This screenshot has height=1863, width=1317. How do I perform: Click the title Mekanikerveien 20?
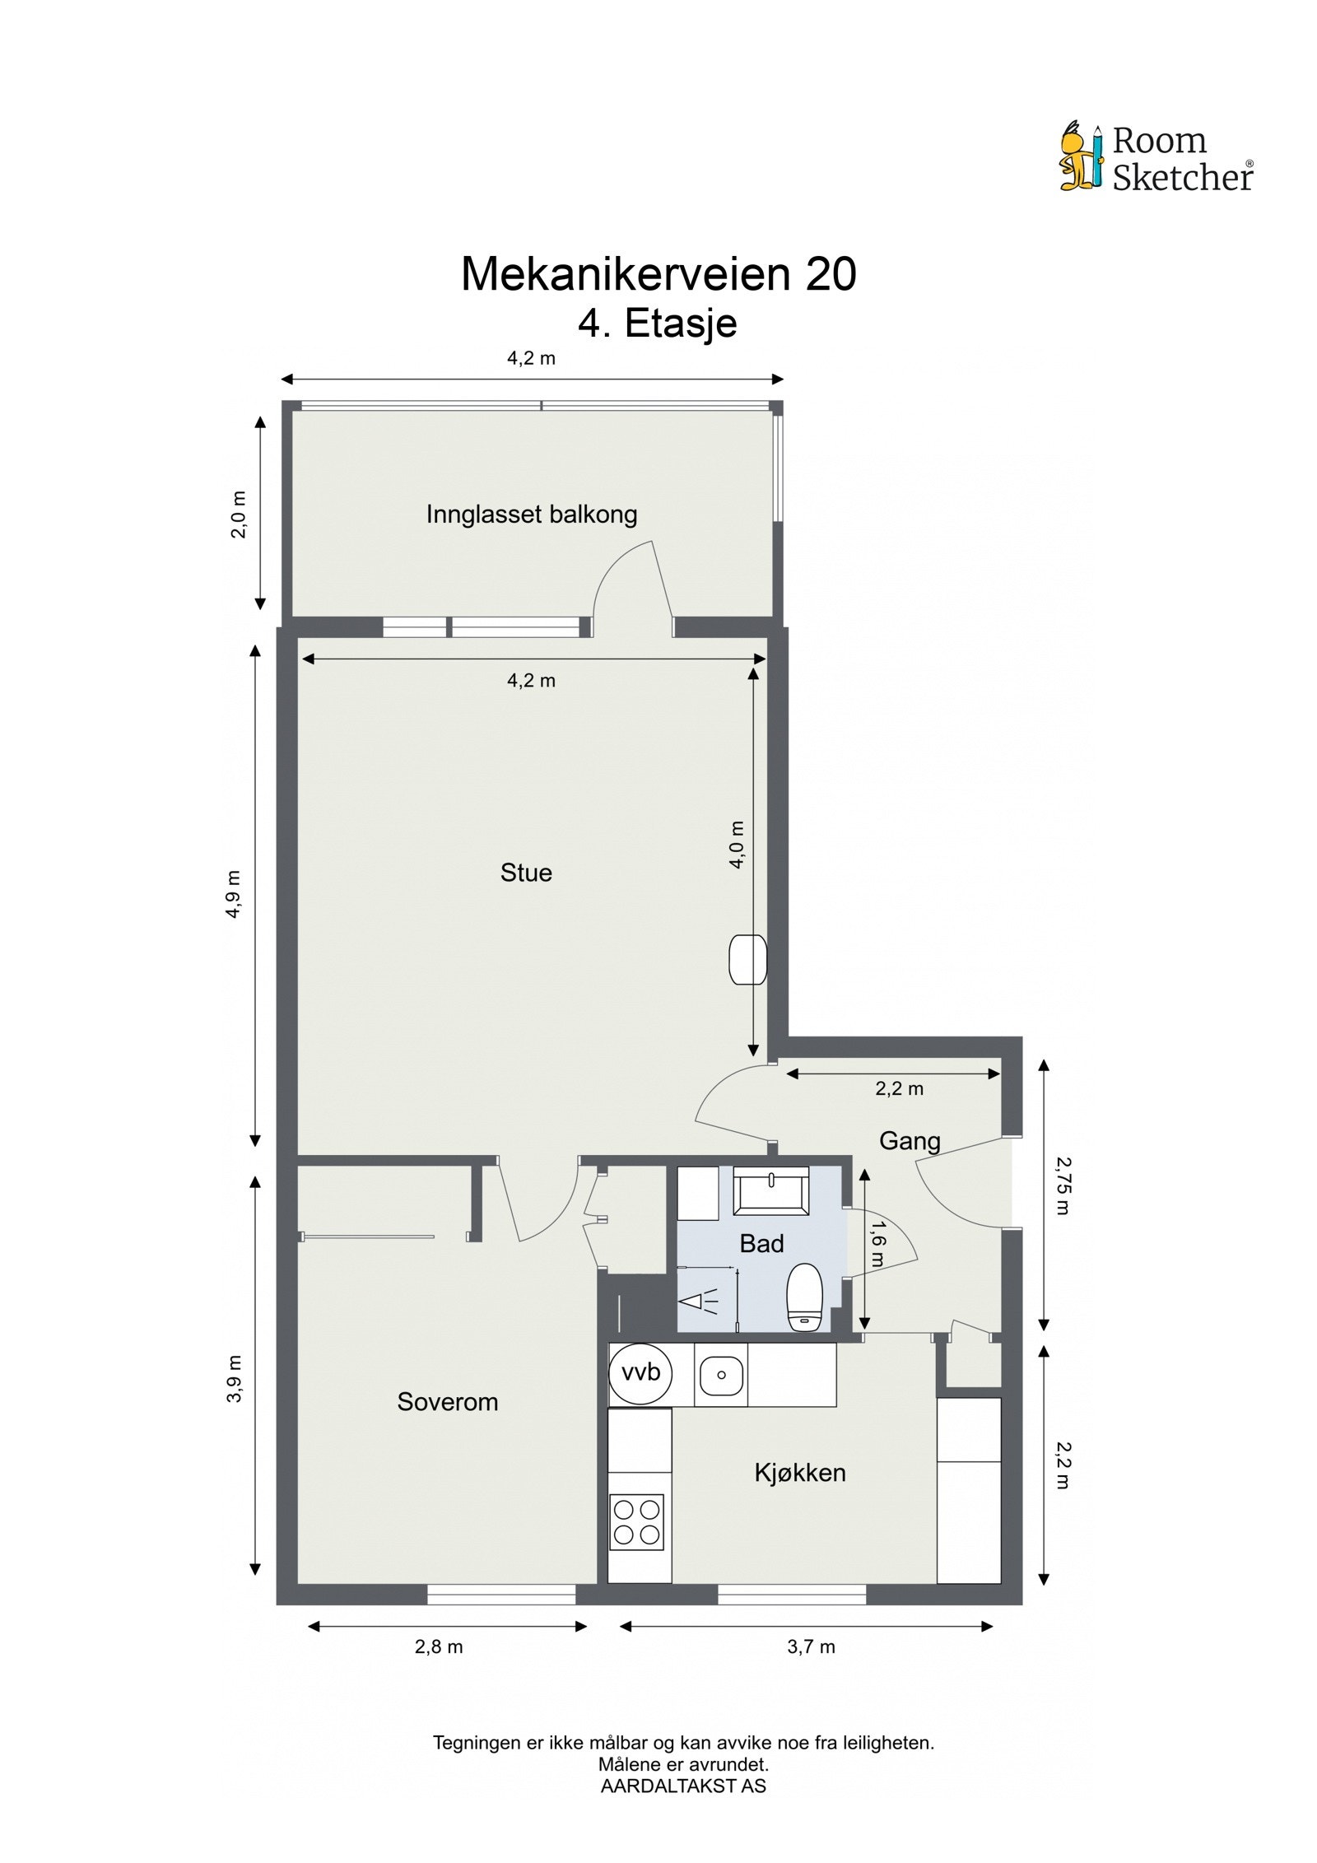pos(658,274)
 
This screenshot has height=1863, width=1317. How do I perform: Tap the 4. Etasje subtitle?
pos(657,323)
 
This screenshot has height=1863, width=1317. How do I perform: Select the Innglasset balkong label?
pos(532,515)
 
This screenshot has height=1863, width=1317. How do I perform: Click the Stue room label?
pos(526,873)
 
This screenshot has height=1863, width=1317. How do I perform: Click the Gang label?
pos(910,1141)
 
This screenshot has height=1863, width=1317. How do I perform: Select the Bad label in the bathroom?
pos(761,1244)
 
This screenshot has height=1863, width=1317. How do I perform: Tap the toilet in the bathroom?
pos(804,1298)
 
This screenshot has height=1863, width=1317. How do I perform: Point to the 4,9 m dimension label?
pos(235,895)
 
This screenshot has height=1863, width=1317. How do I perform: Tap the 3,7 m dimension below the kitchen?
pos(811,1646)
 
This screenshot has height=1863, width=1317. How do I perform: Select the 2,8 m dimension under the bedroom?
pos(439,1646)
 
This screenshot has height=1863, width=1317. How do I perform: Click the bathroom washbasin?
pos(770,1190)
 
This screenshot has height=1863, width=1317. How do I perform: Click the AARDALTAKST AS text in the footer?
pos(683,1786)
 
